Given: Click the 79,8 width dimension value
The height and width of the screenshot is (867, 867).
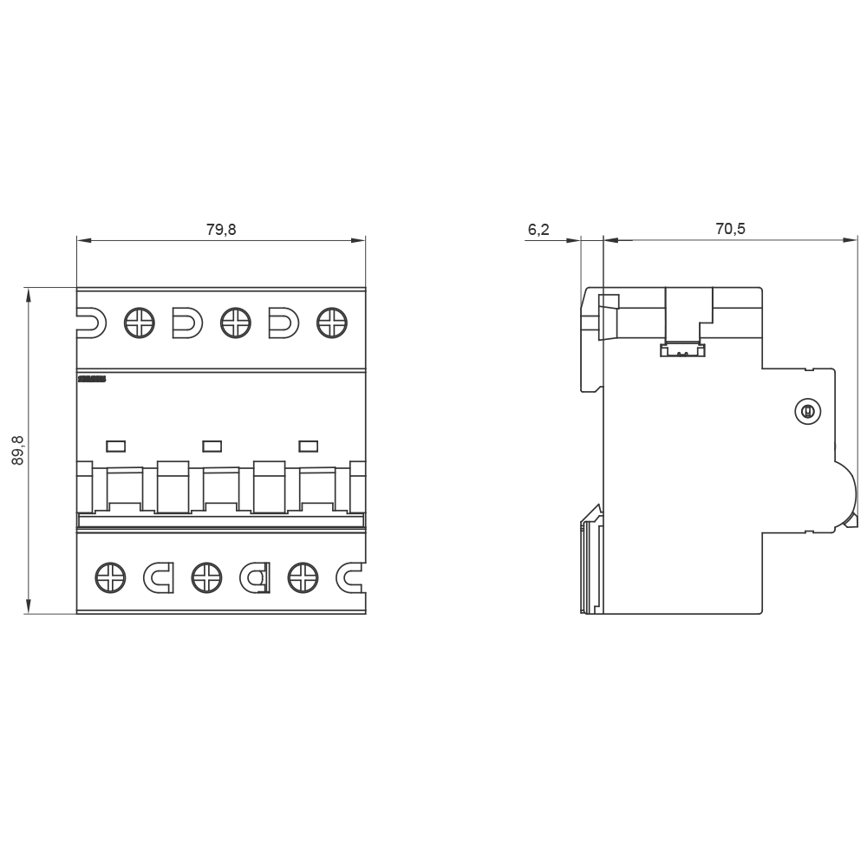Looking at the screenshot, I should coord(221,230).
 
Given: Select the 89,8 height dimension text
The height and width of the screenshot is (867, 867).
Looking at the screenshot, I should coord(18,450).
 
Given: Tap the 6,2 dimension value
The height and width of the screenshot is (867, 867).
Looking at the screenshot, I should coord(538,230).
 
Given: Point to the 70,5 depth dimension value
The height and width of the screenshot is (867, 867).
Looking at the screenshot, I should coord(730,230).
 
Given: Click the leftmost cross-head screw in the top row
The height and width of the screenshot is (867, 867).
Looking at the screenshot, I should coord(139,323).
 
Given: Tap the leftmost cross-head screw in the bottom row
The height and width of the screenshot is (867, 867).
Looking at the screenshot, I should coord(110,577).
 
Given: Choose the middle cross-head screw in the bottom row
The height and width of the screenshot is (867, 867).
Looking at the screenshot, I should coord(205,577).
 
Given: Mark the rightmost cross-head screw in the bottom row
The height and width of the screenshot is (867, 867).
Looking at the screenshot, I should coord(302,577).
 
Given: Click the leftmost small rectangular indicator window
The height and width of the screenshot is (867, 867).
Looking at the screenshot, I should coord(115,447).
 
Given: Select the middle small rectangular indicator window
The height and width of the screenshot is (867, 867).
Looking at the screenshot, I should coord(212,447).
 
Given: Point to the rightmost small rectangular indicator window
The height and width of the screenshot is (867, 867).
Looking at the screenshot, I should coord(308,447).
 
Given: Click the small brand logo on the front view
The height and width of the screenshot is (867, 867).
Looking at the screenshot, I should coord(91,379).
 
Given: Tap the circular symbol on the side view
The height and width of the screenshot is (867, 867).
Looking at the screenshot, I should coord(807,413).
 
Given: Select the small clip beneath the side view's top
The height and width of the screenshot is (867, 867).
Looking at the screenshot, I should coord(682,350).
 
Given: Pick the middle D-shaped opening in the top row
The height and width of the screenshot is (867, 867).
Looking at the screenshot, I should coord(186,323).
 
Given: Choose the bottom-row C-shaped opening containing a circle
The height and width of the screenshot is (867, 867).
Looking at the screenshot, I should coord(255,577).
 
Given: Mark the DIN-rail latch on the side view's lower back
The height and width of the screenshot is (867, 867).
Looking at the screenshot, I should coord(592,559).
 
